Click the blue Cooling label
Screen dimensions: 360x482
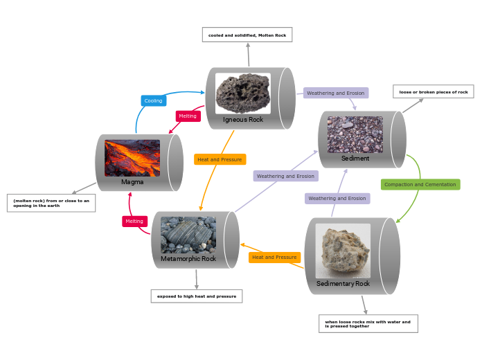click(153, 100)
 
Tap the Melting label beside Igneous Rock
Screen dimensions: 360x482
click(188, 116)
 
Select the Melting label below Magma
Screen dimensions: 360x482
click(134, 221)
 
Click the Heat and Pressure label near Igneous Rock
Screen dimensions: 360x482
click(220, 159)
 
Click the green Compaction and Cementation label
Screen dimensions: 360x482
click(420, 184)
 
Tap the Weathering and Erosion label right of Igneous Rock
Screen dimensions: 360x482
click(336, 93)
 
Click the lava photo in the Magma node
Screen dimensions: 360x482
click(132, 158)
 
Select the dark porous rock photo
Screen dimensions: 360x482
click(242, 93)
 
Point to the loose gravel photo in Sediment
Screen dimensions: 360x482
click(355, 134)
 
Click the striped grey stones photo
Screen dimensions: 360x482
click(188, 235)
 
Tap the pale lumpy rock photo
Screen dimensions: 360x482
click(343, 250)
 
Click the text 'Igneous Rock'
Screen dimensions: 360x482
click(243, 119)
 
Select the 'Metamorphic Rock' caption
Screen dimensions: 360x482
click(188, 259)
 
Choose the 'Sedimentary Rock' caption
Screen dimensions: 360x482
click(343, 283)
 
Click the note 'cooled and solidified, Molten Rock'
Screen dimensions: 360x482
click(247, 35)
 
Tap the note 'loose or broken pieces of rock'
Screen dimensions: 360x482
click(434, 91)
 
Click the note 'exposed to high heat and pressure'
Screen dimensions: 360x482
click(197, 296)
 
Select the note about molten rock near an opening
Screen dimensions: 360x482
click(51, 203)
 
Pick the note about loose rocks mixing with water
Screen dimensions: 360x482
click(368, 323)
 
